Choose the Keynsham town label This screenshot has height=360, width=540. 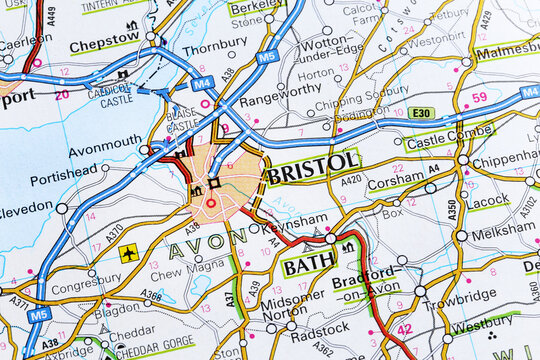(x=294, y=221)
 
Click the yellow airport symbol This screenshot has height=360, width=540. (x=129, y=253)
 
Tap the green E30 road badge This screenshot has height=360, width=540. (x=421, y=114)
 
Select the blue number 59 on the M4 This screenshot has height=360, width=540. (x=479, y=97)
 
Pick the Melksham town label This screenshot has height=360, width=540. (x=503, y=232)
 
